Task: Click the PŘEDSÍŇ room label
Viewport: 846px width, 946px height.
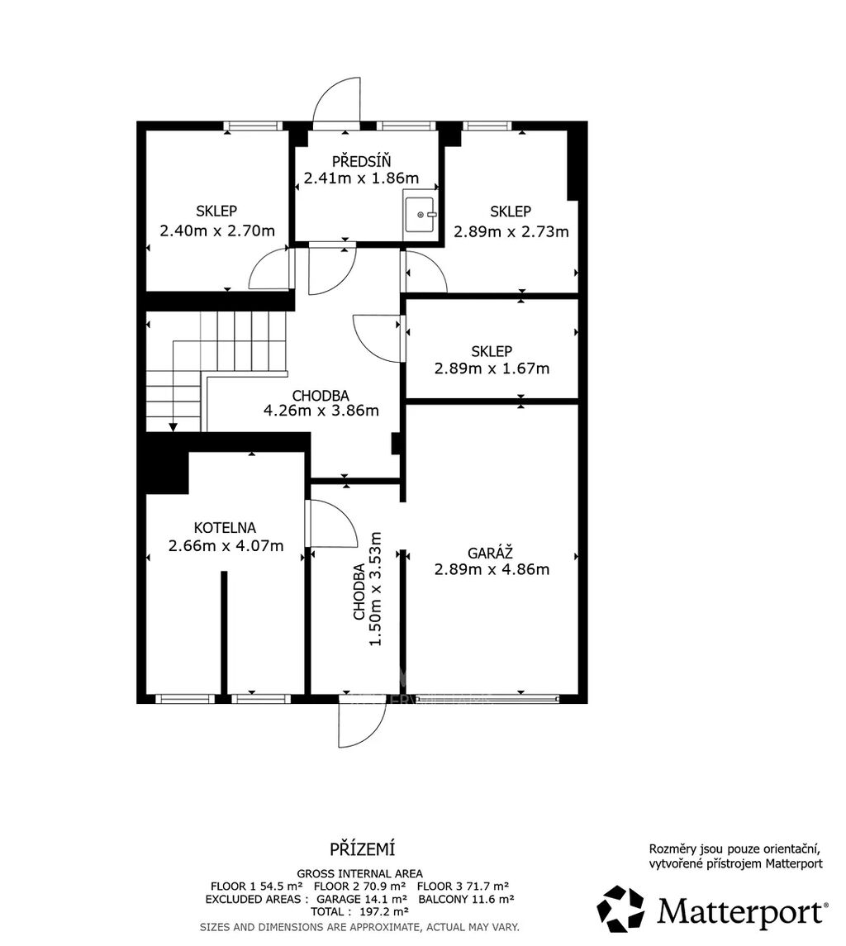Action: click(x=362, y=161)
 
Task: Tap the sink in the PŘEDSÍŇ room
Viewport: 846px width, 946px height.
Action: click(x=420, y=214)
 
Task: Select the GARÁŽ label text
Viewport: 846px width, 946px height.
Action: click(x=491, y=552)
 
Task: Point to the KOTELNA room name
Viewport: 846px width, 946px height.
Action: click(x=225, y=528)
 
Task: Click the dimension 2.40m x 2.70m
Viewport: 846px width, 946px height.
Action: click(x=217, y=231)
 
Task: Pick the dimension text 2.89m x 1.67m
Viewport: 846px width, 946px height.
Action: click(x=492, y=368)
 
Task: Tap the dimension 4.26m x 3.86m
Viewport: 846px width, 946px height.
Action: click(x=321, y=411)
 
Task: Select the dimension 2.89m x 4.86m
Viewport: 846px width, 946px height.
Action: click(x=492, y=569)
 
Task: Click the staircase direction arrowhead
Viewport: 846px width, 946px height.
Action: click(x=173, y=427)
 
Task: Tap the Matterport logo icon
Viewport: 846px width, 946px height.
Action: click(x=621, y=908)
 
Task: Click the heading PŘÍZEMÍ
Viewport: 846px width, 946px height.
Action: click(x=362, y=849)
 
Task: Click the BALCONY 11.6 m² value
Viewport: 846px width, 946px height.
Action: click(x=466, y=899)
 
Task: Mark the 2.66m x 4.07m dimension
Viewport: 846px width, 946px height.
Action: click(x=226, y=546)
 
